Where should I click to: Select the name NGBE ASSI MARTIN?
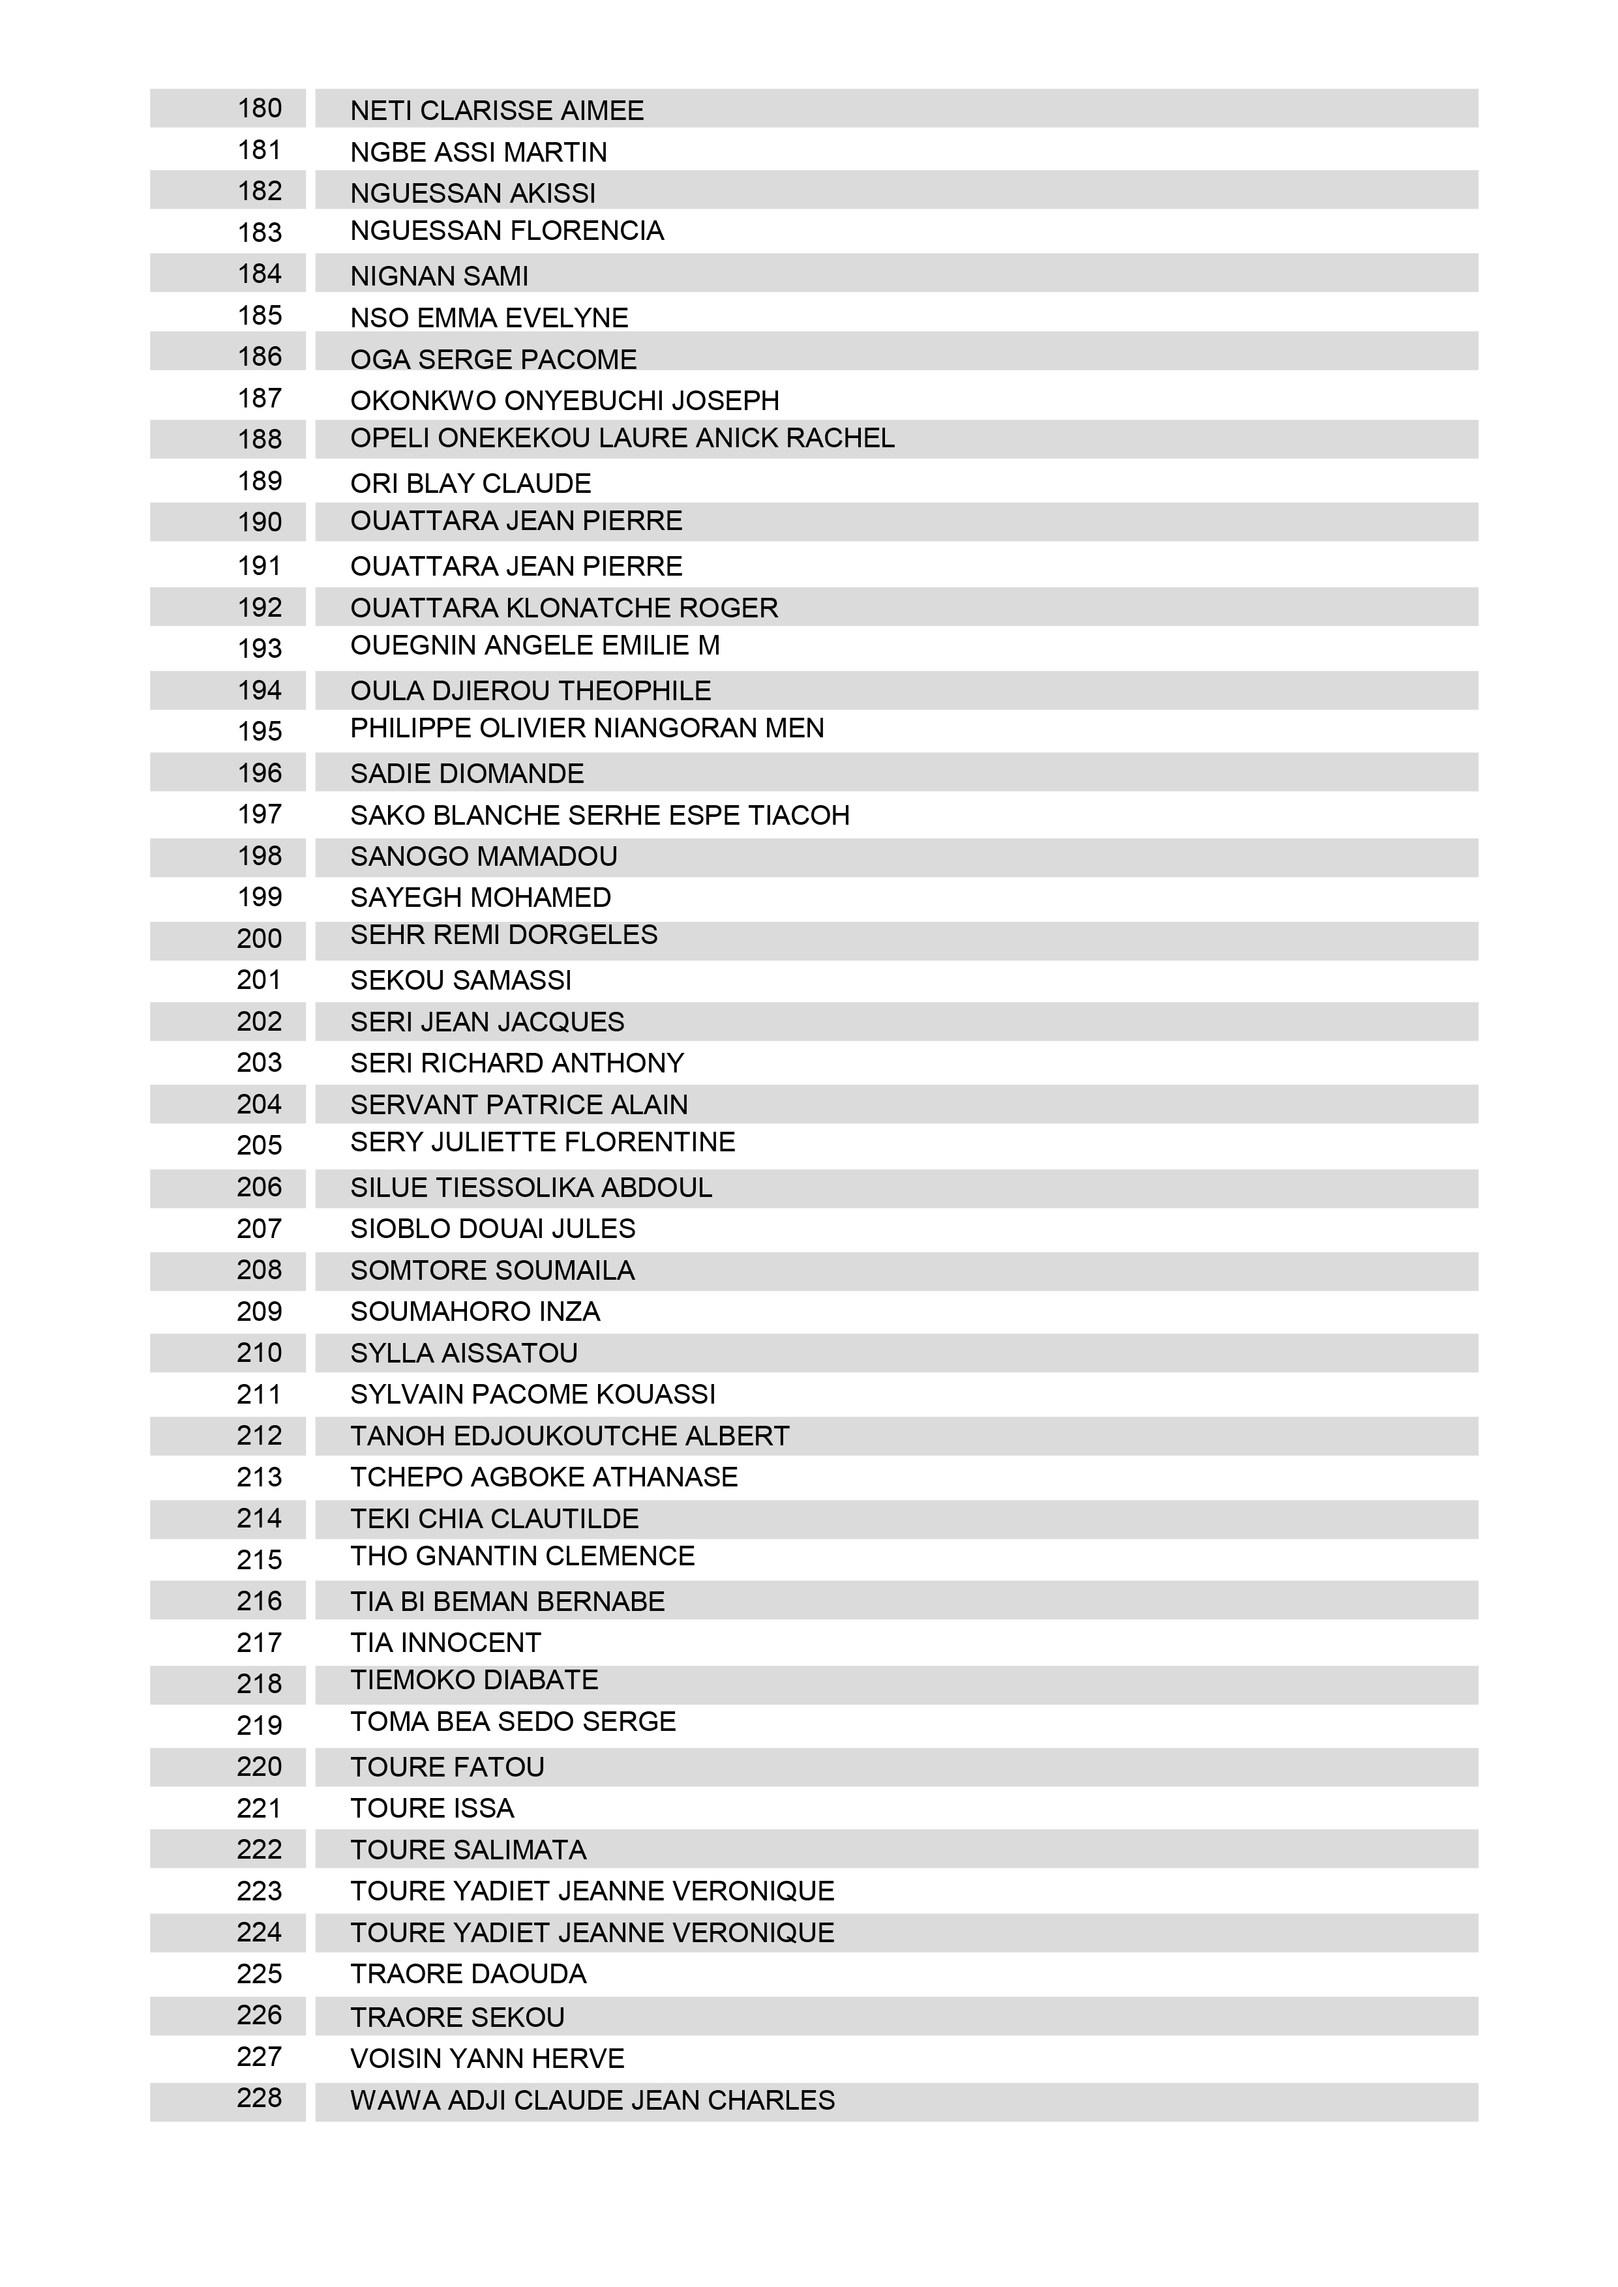click(x=478, y=153)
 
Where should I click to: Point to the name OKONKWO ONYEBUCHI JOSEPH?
click(x=564, y=400)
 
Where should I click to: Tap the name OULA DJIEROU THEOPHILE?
click(x=530, y=690)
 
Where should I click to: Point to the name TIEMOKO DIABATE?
click(x=473, y=1681)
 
